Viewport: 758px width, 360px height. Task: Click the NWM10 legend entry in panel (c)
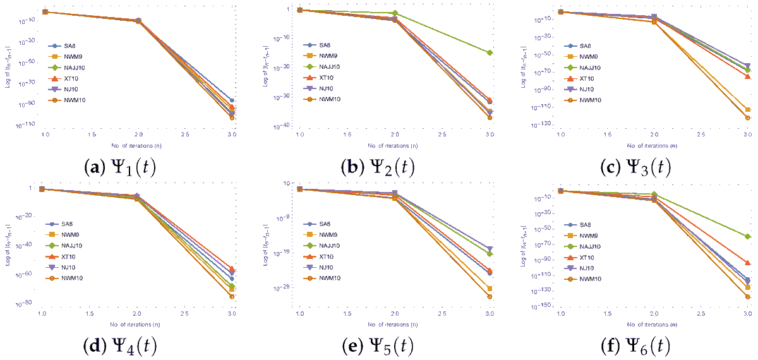coord(584,100)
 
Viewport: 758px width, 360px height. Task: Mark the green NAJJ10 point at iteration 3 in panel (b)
coord(490,52)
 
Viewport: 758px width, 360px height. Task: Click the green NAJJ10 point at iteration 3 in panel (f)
coord(748,237)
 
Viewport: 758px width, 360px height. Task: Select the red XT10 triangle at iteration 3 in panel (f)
coord(748,262)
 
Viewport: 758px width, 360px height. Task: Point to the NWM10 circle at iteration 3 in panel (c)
coord(748,118)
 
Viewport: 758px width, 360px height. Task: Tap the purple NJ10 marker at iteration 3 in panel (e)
coord(490,249)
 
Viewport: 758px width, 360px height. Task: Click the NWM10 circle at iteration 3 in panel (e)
coord(490,296)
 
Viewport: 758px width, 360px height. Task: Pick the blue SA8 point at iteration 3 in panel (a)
coord(232,100)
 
